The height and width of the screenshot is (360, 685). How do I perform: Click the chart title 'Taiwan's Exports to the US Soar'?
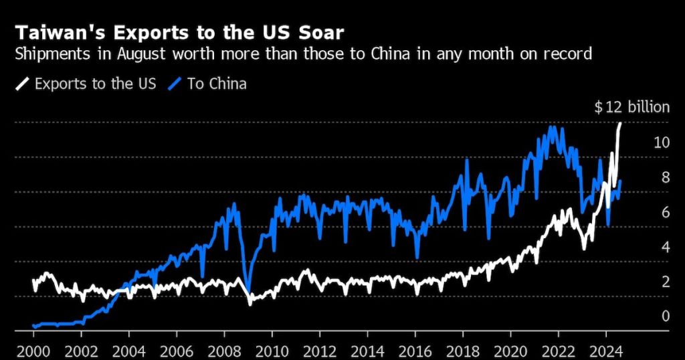tap(180, 32)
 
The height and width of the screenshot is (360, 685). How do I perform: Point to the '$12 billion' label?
tap(631, 108)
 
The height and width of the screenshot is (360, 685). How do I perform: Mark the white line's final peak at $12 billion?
tap(620, 124)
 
